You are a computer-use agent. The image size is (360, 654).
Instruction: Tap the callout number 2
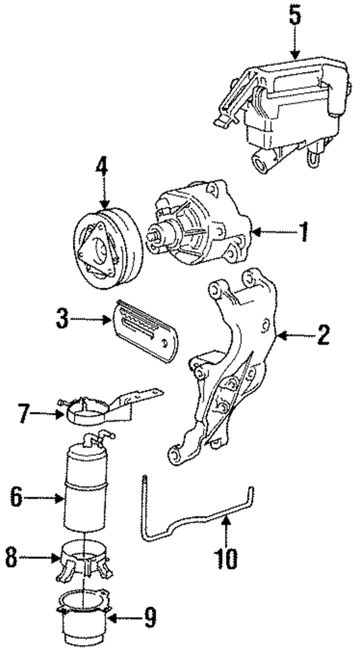pyautogui.click(x=323, y=336)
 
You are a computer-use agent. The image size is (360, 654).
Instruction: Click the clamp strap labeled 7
pyautogui.click(x=90, y=414)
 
